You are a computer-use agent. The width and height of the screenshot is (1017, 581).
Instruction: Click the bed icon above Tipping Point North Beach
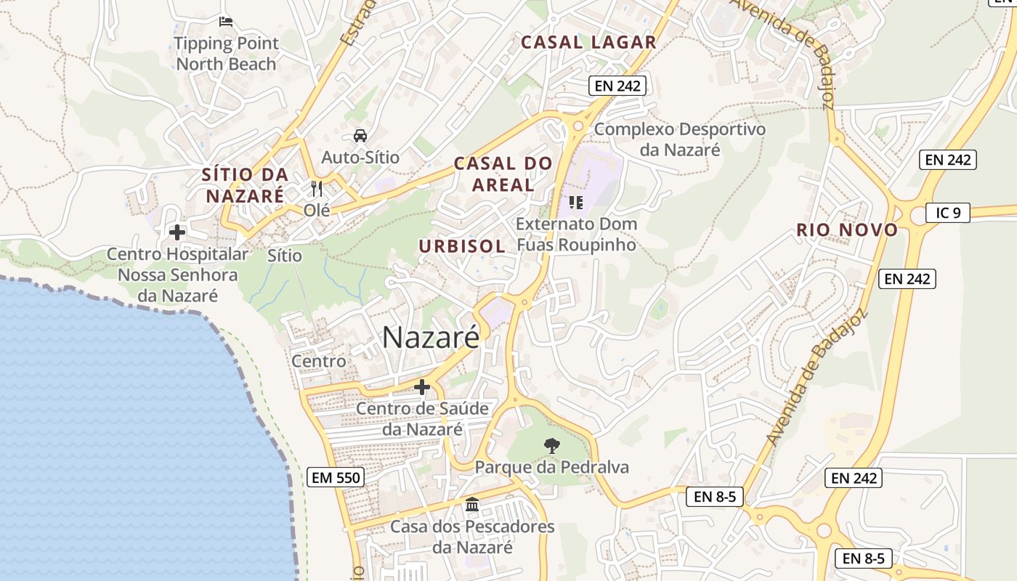226,22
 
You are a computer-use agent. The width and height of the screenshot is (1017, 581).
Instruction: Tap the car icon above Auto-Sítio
360,135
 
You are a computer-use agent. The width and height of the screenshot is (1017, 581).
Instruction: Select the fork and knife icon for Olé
316,189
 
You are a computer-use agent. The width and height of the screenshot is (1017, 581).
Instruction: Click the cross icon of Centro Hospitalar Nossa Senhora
177,232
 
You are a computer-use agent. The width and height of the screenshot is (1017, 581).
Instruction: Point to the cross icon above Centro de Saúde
422,387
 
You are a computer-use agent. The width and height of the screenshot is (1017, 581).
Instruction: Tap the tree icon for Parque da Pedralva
551,445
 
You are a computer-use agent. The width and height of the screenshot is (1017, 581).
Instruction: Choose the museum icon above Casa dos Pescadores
472,504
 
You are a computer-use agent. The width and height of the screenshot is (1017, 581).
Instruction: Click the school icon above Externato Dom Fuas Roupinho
576,202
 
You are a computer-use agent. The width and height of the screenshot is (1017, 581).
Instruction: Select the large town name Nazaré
431,337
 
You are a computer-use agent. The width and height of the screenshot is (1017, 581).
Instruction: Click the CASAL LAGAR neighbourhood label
588,42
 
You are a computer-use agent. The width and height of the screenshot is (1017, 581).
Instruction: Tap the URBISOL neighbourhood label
462,246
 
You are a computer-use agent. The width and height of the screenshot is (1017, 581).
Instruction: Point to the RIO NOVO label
847,230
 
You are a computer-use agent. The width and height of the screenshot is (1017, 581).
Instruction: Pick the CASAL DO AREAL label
503,174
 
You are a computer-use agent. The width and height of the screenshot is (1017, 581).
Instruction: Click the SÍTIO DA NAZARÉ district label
245,185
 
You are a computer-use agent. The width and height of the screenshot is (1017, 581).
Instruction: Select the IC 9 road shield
948,213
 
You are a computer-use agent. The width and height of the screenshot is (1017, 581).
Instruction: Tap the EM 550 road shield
335,477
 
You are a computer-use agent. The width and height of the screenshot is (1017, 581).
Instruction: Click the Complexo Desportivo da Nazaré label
680,139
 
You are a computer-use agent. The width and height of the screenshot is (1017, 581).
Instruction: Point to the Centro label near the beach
319,361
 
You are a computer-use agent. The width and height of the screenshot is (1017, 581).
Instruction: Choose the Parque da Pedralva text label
551,467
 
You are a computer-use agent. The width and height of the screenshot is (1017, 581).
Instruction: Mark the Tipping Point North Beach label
227,54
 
